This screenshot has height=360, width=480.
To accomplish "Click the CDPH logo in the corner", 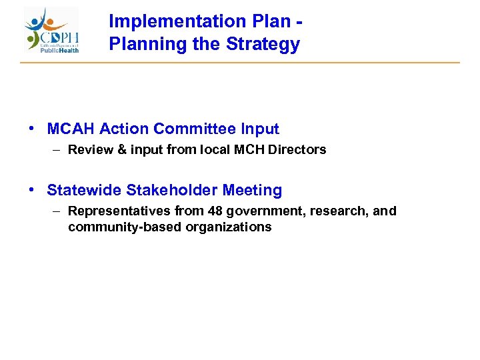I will [x=52, y=30].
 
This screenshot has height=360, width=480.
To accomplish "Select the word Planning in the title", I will [x=141, y=45].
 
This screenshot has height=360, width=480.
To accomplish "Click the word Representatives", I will [x=119, y=211].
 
